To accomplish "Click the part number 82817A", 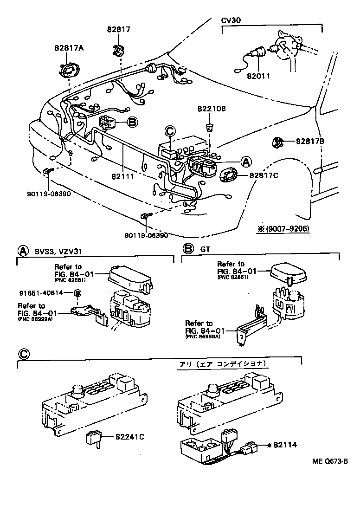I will (x=69, y=48).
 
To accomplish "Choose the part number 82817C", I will (x=264, y=175).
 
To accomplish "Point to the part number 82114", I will (x=282, y=445).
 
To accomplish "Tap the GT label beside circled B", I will (x=205, y=249).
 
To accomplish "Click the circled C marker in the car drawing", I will (x=170, y=132).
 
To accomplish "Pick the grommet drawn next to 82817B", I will (x=278, y=142).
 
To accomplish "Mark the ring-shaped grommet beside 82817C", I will (x=228, y=175).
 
